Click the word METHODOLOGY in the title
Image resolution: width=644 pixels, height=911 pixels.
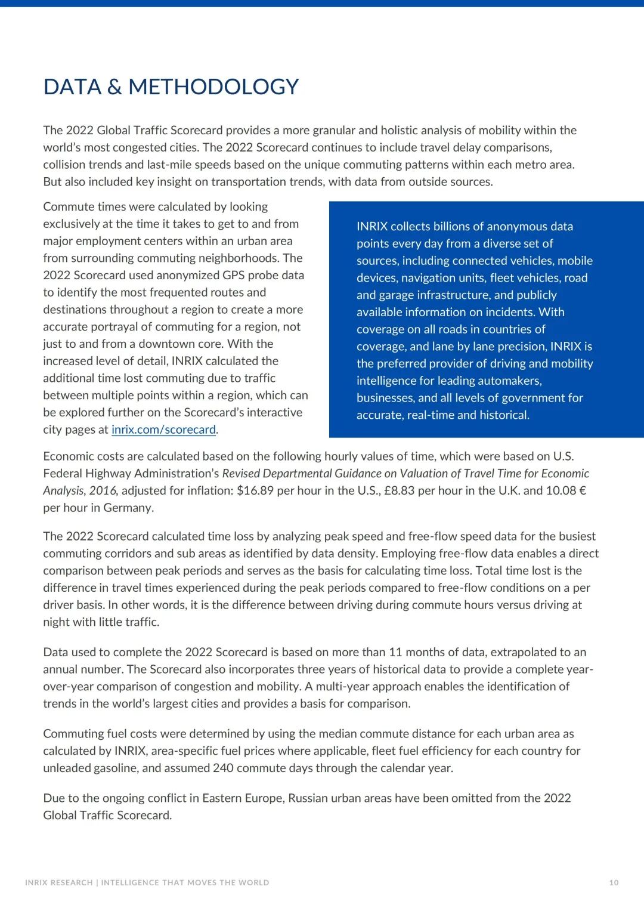tap(213, 87)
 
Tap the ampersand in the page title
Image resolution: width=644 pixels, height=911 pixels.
tap(114, 87)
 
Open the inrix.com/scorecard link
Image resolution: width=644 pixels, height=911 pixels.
tap(163, 430)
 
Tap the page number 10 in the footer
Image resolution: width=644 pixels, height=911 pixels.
tap(614, 882)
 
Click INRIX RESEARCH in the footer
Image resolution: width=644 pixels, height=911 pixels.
tap(58, 882)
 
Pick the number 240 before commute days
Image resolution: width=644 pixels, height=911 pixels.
tap(223, 768)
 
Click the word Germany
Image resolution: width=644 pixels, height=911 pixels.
tap(128, 508)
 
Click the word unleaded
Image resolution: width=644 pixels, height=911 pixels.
tap(67, 768)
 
